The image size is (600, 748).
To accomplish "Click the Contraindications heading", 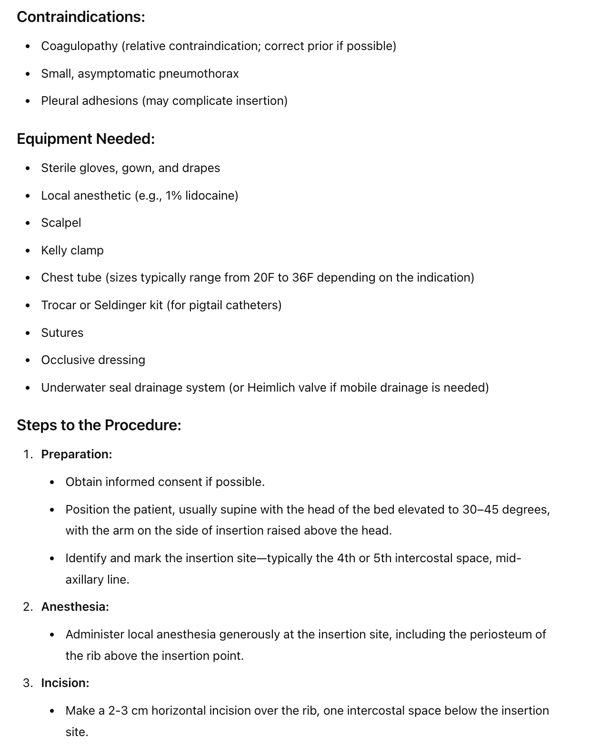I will pyautogui.click(x=81, y=17).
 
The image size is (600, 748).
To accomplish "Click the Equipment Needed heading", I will pyautogui.click(x=86, y=139).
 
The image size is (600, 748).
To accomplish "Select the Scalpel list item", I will pyautogui.click(x=61, y=223).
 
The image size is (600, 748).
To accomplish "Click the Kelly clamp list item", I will pyautogui.click(x=72, y=251).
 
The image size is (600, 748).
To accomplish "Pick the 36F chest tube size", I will pyautogui.click(x=302, y=278).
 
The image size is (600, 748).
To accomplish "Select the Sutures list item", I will pyautogui.click(x=62, y=333).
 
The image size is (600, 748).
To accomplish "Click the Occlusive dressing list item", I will pyautogui.click(x=93, y=360).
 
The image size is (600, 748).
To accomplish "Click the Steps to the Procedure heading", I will pyautogui.click(x=99, y=425).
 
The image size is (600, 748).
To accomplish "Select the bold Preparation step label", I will pyautogui.click(x=77, y=455).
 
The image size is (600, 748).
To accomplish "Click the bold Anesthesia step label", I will pyautogui.click(x=75, y=607).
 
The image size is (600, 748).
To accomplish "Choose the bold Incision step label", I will pyautogui.click(x=65, y=683).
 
